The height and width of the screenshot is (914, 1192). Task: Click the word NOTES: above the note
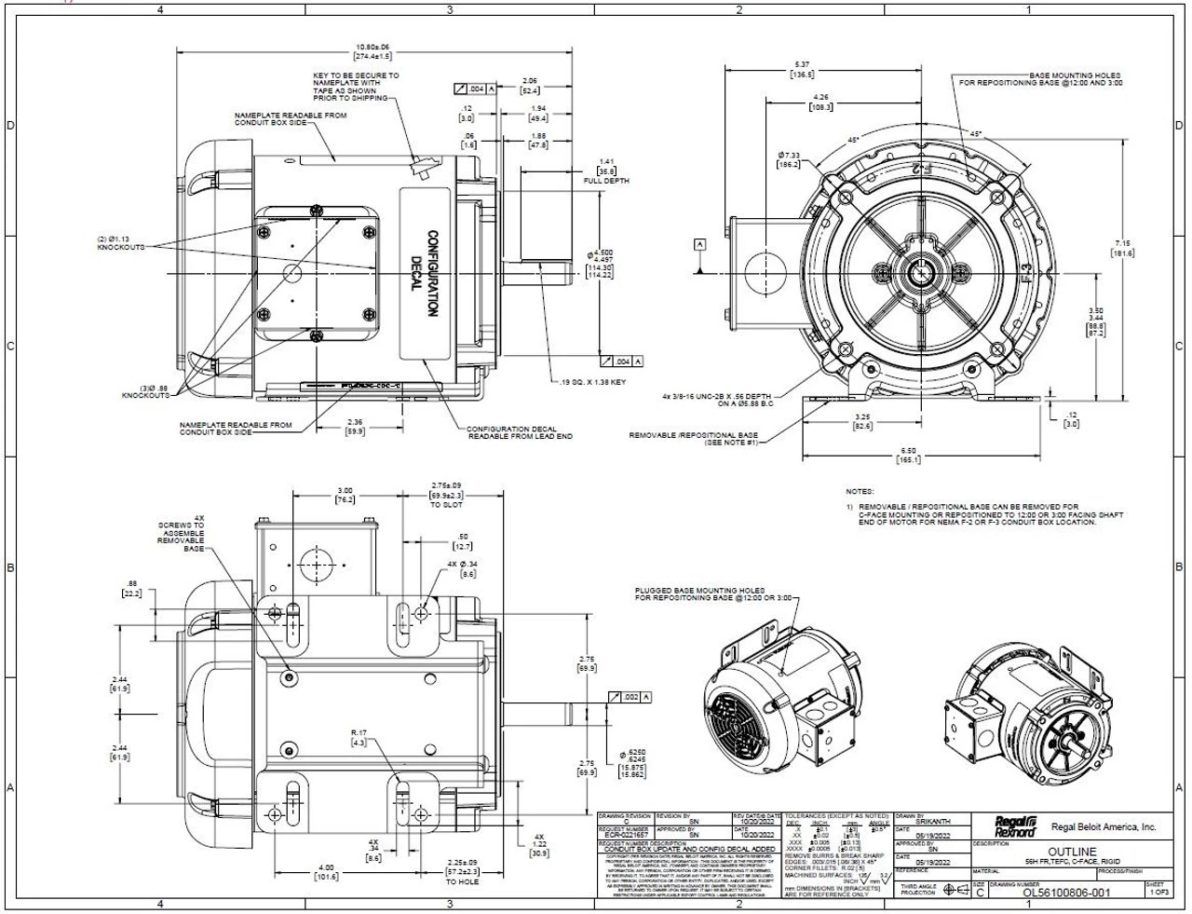point(860,491)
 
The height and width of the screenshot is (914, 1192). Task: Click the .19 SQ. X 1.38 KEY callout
point(593,383)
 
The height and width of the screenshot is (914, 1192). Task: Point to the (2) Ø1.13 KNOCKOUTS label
point(120,244)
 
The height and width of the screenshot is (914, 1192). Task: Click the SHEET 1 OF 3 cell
point(1155,888)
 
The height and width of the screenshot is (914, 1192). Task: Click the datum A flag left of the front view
point(700,244)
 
